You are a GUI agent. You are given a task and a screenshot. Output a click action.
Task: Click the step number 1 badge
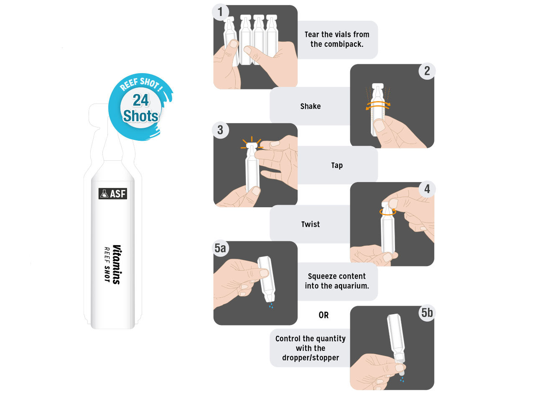tap(220, 12)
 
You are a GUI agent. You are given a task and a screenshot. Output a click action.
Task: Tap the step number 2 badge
tap(427, 71)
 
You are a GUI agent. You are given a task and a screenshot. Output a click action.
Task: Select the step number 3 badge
tap(220, 130)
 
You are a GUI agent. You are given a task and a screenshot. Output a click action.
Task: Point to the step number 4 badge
tap(427, 189)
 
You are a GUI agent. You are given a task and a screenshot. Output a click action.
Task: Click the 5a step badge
tap(220, 248)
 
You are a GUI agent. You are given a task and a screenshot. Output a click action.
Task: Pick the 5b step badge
tap(427, 313)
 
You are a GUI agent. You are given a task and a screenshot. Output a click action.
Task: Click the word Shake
tap(310, 106)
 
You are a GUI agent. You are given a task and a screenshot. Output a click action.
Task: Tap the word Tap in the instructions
tap(337, 165)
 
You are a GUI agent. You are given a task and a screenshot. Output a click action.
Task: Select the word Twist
tap(310, 224)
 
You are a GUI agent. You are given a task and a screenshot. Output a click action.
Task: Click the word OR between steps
tap(324, 315)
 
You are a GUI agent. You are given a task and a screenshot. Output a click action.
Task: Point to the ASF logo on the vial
tap(112, 193)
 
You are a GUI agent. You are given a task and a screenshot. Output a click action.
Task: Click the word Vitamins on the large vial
tap(117, 265)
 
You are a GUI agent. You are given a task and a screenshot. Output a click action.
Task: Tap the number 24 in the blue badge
tap(140, 100)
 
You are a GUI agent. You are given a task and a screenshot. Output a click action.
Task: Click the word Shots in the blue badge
tap(140, 116)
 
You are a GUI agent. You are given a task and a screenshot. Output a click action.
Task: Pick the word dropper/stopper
tap(311, 358)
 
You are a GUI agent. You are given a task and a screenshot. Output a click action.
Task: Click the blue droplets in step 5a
tap(271, 305)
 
